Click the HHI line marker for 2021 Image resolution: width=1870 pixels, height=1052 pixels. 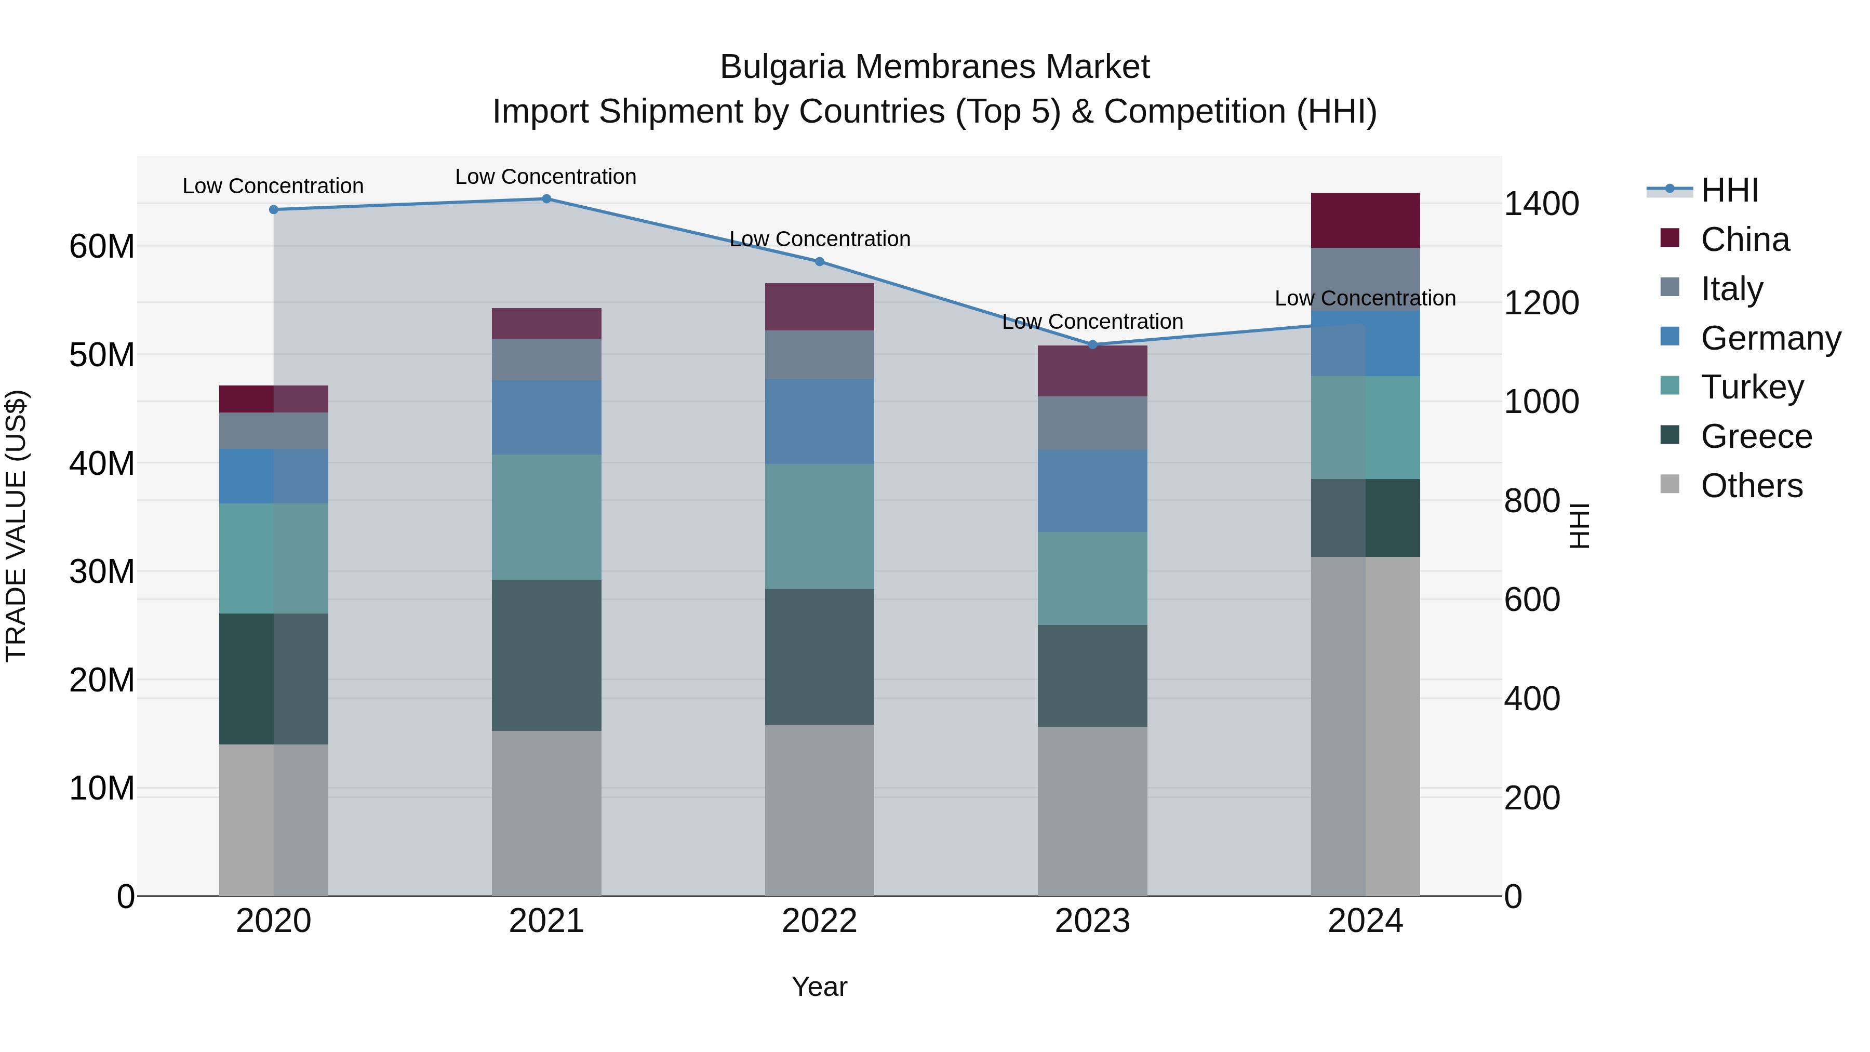click(546, 199)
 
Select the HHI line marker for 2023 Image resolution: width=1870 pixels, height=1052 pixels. click(1092, 345)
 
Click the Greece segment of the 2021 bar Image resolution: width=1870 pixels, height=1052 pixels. click(546, 655)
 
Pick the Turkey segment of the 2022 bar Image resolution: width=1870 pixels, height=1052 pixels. click(820, 526)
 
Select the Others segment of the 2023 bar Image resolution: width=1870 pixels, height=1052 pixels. click(1092, 811)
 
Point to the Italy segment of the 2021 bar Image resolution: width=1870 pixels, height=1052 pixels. click(546, 359)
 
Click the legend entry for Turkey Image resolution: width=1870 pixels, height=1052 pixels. click(1752, 387)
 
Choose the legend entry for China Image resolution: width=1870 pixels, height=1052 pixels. click(1744, 239)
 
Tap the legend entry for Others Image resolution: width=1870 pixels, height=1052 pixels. click(1751, 486)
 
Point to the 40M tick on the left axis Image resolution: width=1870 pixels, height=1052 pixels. click(102, 463)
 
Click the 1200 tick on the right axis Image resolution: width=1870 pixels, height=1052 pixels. click(1541, 303)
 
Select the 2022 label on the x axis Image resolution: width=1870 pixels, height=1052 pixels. click(820, 921)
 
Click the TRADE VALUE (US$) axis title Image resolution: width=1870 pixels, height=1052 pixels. click(16, 526)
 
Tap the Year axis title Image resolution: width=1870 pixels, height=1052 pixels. click(820, 987)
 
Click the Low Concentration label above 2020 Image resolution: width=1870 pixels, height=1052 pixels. click(273, 186)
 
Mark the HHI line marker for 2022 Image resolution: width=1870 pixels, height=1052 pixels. click(820, 261)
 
